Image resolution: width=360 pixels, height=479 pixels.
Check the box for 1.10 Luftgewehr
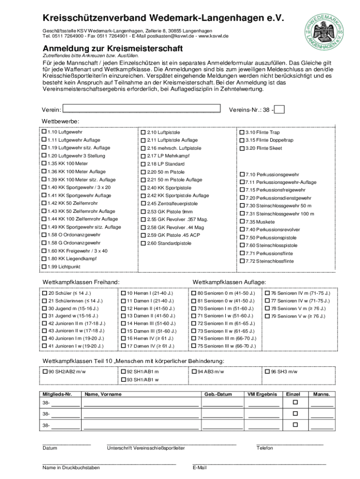pyautogui.click(x=44, y=132)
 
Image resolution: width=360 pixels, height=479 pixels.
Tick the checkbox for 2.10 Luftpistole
pyautogui.click(x=144, y=132)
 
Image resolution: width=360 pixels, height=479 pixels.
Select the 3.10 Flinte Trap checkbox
pyautogui.click(x=242, y=132)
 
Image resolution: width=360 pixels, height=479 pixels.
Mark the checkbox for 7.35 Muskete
pyautogui.click(x=242, y=221)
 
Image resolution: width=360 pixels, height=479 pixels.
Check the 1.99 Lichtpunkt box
pyautogui.click(x=44, y=266)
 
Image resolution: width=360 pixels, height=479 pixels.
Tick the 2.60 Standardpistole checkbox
pyautogui.click(x=144, y=243)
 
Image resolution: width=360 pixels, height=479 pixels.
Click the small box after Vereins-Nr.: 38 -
pyautogui.click(x=280, y=109)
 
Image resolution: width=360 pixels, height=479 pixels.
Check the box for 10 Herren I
pyautogui.click(x=123, y=293)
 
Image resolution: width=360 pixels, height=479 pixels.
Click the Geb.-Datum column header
pyautogui.click(x=218, y=394)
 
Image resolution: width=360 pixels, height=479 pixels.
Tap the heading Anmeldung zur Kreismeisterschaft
pyautogui.click(x=113, y=49)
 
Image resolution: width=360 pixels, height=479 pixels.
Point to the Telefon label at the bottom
pyautogui.click(x=265, y=448)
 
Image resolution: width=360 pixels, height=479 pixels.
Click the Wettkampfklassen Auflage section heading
pyautogui.click(x=230, y=282)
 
